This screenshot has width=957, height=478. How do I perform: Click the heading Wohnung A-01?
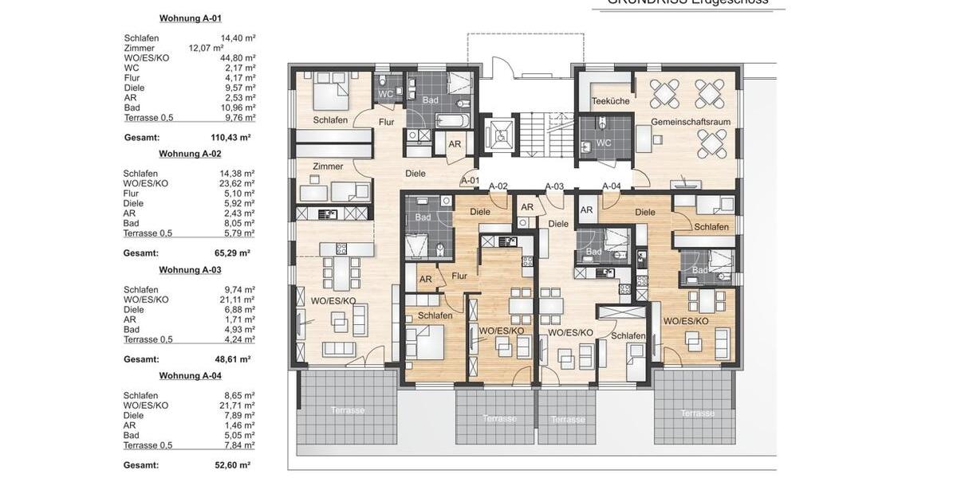[191, 18]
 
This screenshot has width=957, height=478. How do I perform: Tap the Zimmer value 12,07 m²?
[206, 48]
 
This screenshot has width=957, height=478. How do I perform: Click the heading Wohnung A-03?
[190, 269]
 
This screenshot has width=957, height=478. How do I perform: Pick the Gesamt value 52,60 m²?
[232, 464]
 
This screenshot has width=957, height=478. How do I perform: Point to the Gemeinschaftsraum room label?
[683, 122]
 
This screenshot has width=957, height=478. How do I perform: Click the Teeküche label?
[611, 101]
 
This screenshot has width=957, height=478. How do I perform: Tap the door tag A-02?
[498, 186]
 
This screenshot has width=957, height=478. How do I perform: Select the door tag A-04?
[611, 186]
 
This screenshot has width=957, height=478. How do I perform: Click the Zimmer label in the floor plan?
[328, 167]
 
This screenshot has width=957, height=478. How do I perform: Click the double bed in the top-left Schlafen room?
[329, 93]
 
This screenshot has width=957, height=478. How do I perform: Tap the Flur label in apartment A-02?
[459, 276]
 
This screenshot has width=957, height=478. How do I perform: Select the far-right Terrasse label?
[697, 413]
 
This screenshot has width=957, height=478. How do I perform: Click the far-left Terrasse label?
[348, 410]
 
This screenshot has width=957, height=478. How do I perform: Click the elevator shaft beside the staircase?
[499, 135]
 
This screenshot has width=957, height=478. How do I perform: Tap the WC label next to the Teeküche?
[604, 143]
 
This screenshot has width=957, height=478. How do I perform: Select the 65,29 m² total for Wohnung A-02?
[232, 253]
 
